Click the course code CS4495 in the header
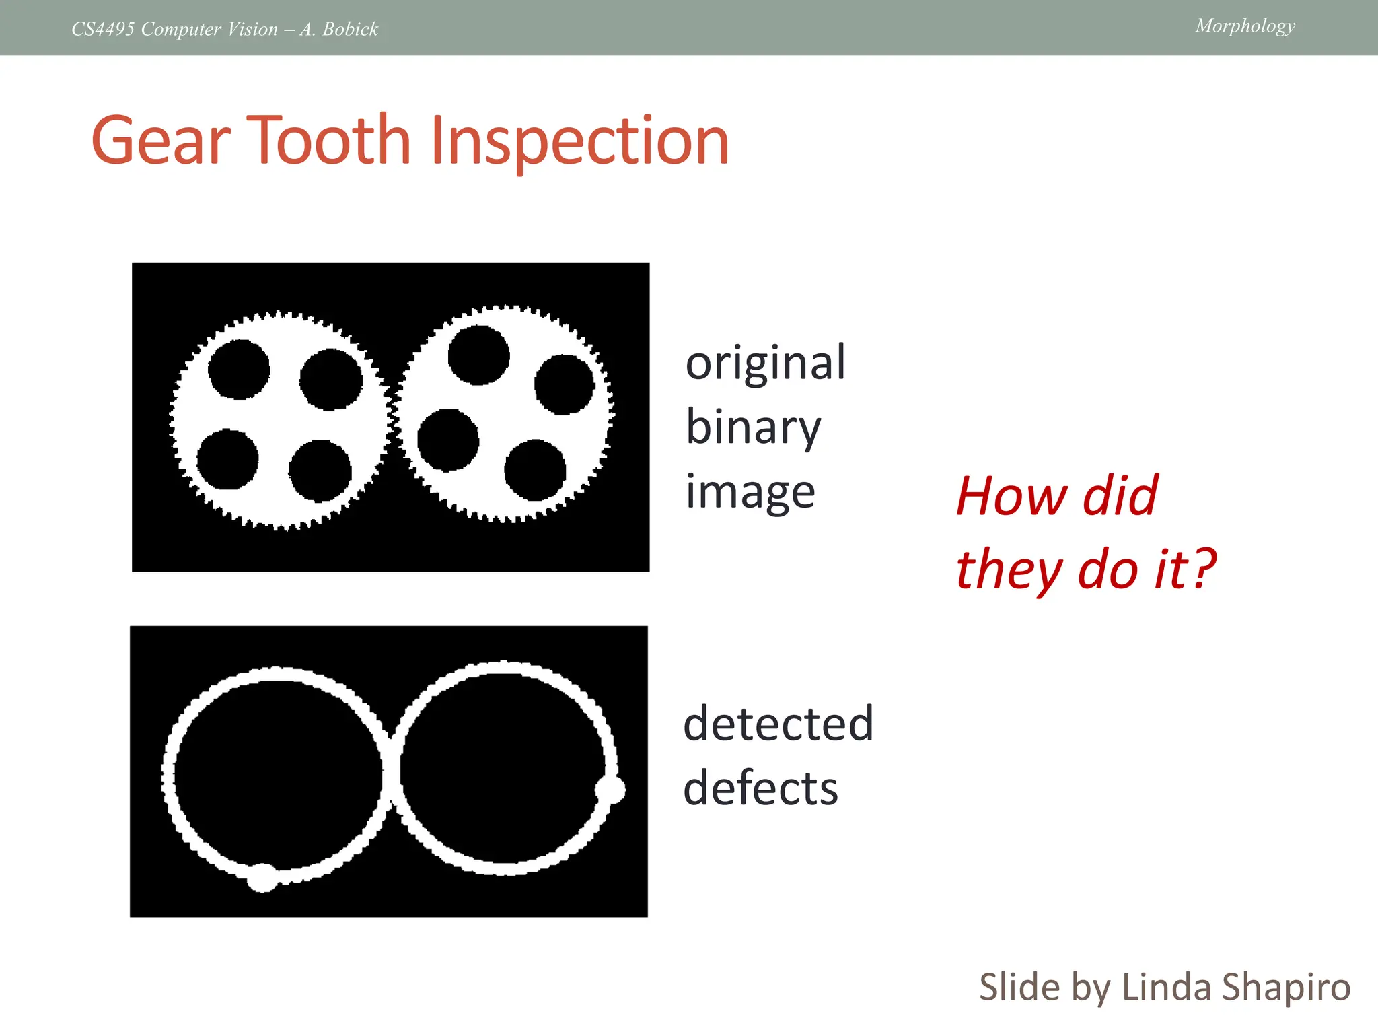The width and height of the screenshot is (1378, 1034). (x=103, y=29)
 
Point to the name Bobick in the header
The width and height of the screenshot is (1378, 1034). (x=350, y=29)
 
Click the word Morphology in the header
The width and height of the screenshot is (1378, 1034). (x=1245, y=26)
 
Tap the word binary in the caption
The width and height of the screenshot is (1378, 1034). (x=753, y=428)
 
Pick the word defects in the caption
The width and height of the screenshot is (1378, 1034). (x=760, y=788)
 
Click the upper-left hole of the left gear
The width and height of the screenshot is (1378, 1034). (x=239, y=369)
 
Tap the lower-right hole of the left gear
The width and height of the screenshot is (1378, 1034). (x=320, y=471)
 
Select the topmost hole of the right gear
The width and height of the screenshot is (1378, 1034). (x=478, y=355)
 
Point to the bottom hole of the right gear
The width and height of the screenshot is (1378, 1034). (x=535, y=470)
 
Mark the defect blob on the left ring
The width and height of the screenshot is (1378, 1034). (x=262, y=877)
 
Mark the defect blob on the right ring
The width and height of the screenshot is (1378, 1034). (x=610, y=789)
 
